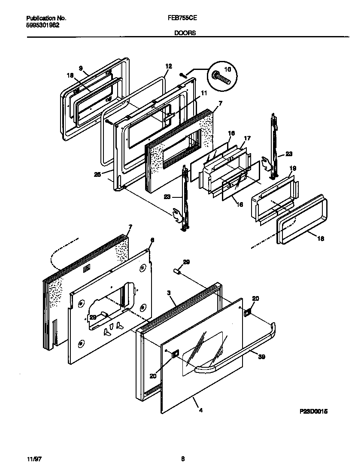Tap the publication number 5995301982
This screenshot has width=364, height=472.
click(43, 25)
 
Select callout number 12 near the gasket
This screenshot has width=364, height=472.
click(168, 66)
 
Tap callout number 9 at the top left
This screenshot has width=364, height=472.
click(80, 68)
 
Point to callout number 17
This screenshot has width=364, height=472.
click(247, 139)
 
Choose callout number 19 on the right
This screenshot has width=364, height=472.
click(293, 168)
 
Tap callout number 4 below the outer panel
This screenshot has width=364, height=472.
click(201, 410)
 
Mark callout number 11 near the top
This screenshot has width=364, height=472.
click(203, 93)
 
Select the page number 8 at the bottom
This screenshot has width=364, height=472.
click(182, 459)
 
